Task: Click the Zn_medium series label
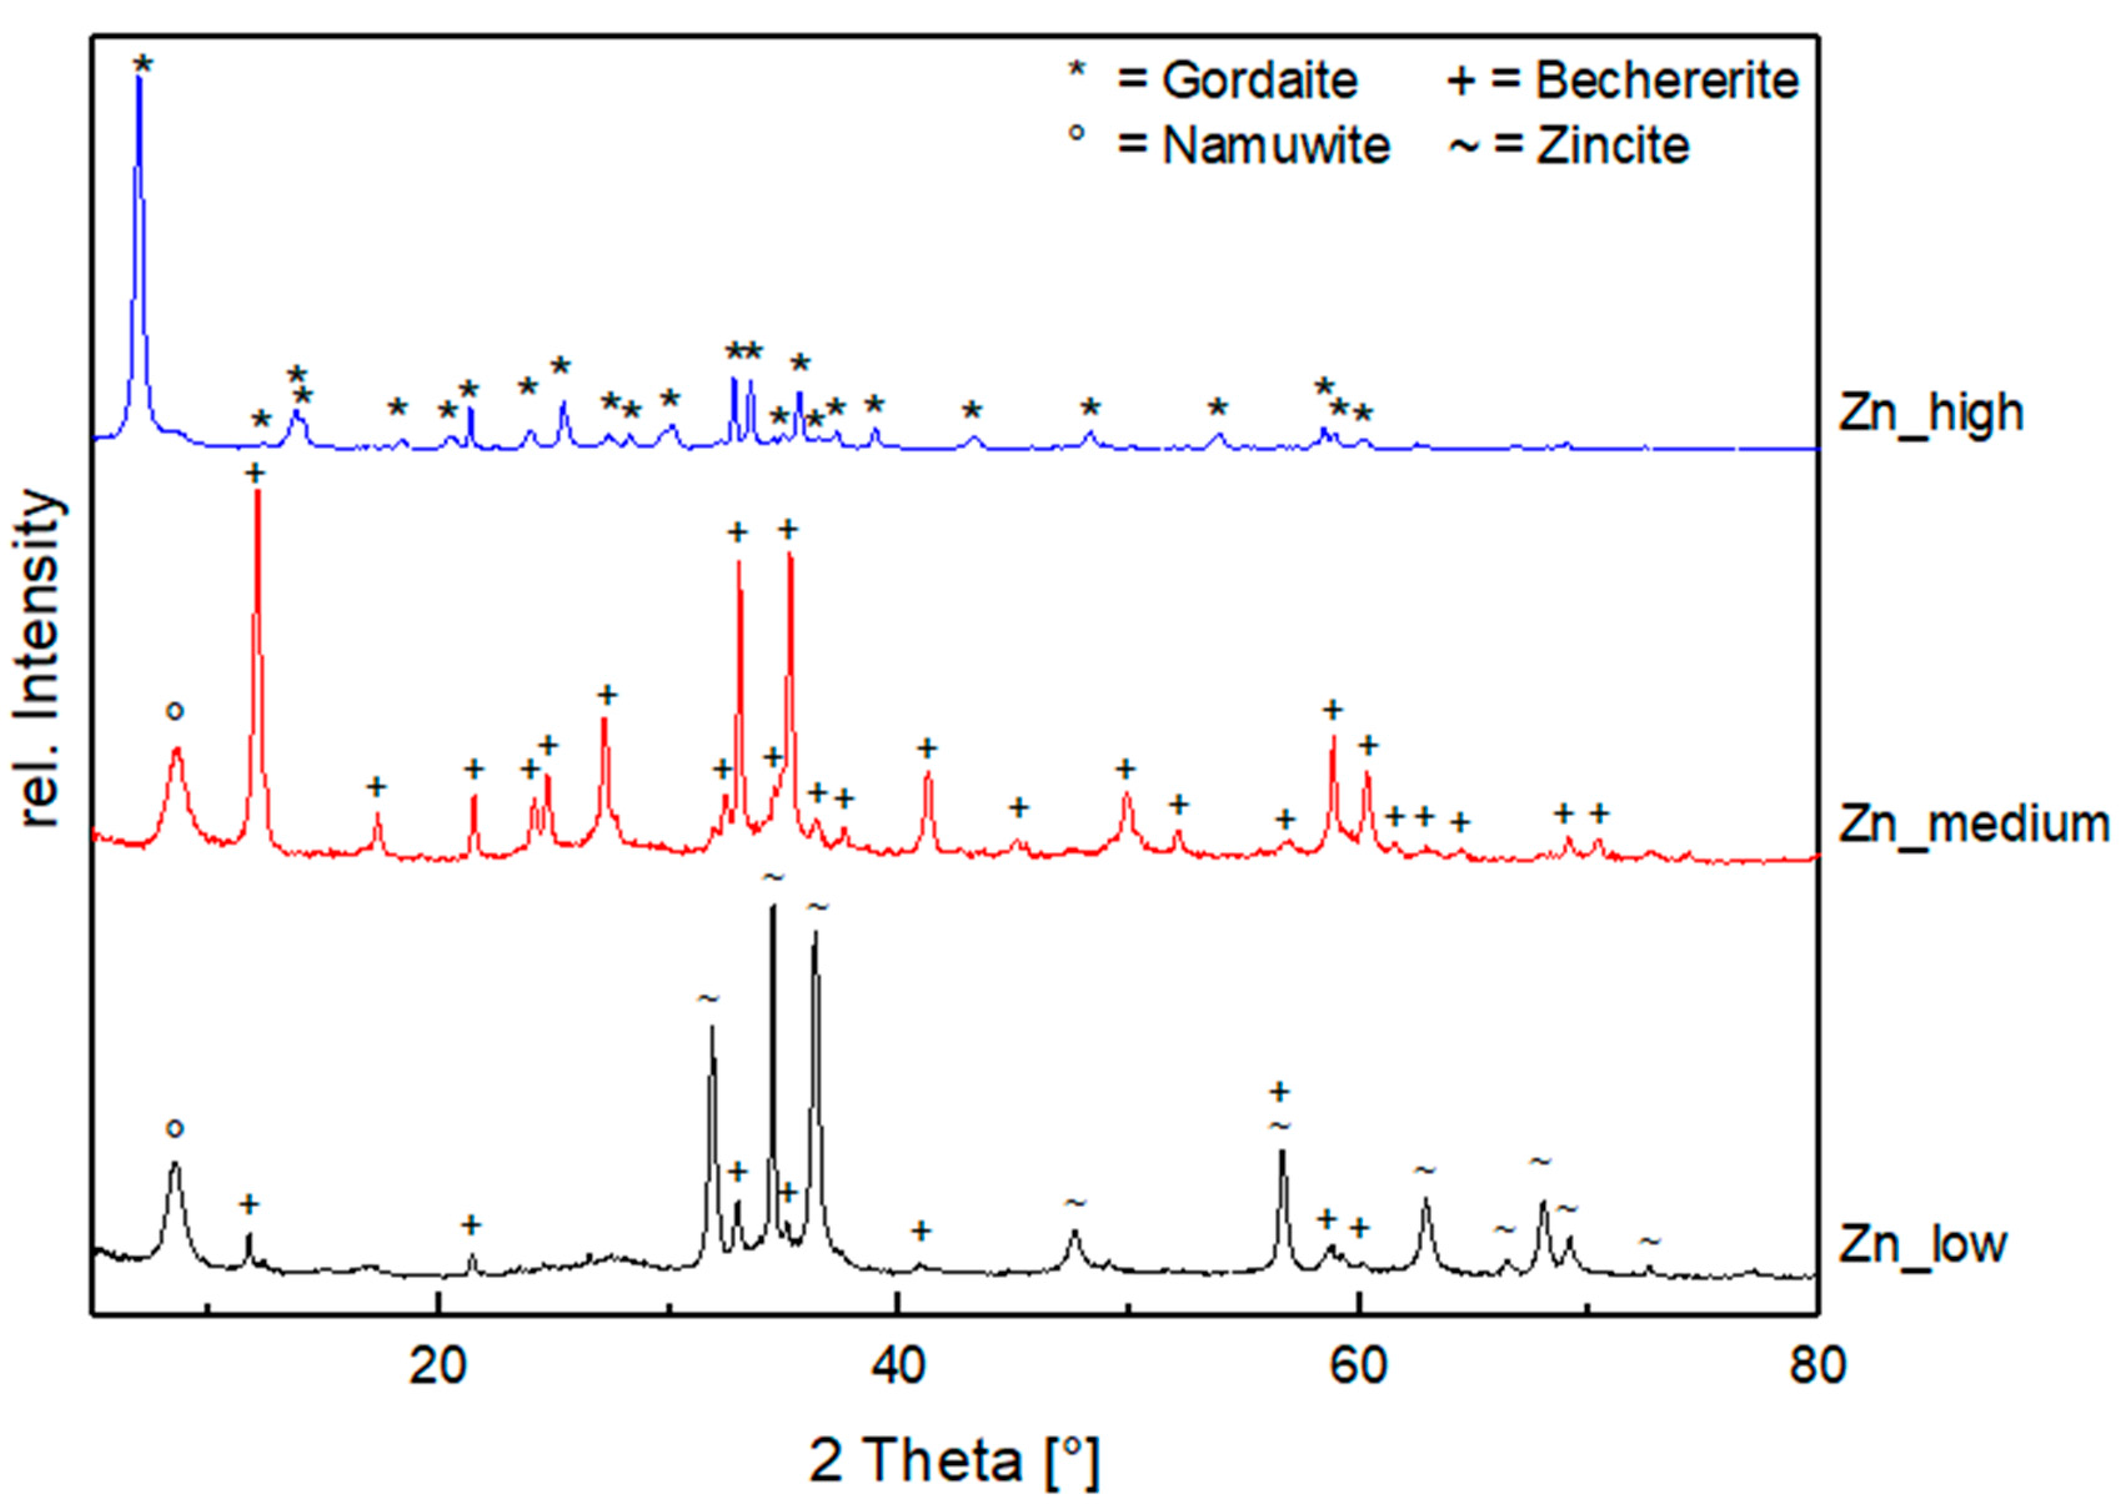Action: point(1972,825)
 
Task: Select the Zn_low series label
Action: point(1921,1245)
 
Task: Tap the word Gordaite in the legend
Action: point(1259,81)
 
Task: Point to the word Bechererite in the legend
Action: point(1667,81)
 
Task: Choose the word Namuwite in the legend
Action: point(1276,146)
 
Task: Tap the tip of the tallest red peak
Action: point(257,491)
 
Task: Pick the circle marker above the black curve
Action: point(174,1129)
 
